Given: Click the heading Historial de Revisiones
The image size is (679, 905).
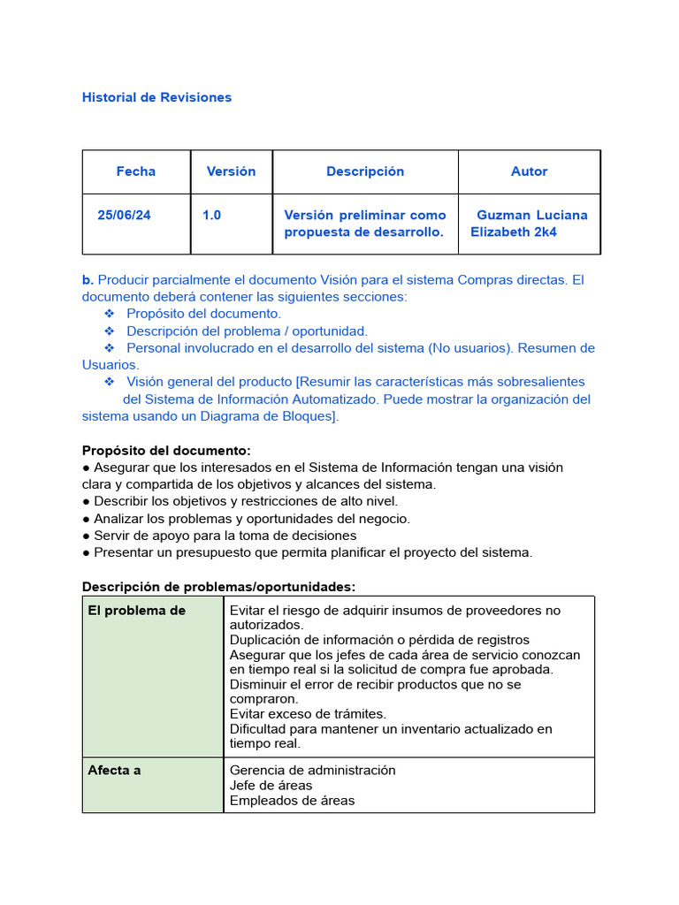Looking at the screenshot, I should (x=156, y=97).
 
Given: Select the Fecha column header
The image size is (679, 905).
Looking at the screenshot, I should (x=135, y=171).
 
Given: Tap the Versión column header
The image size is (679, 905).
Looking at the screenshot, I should (x=231, y=171).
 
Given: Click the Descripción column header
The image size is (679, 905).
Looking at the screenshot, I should (x=364, y=171).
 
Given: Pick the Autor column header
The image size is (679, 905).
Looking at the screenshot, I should (x=529, y=171).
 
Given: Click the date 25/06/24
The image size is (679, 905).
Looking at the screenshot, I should (x=124, y=215).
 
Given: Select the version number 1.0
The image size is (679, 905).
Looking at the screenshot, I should (x=211, y=215).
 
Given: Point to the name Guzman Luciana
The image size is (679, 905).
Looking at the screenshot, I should (x=531, y=215).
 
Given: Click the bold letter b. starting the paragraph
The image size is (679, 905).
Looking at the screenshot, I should (x=88, y=280).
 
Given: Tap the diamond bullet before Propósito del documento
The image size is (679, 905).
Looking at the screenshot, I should (x=110, y=314).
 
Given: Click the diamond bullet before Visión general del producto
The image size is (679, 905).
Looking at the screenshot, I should (x=110, y=382).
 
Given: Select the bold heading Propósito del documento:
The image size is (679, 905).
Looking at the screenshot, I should (x=166, y=451).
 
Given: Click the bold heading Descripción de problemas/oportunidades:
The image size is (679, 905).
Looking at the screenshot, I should (x=218, y=587).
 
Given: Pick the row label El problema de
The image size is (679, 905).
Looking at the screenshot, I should (x=136, y=611).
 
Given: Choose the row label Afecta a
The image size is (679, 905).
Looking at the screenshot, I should (x=114, y=771).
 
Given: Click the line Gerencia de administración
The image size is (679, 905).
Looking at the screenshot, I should (x=312, y=771).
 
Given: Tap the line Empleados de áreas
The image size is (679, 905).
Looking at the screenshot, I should (x=292, y=801).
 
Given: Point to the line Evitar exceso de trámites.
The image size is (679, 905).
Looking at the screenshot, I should (x=308, y=714).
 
